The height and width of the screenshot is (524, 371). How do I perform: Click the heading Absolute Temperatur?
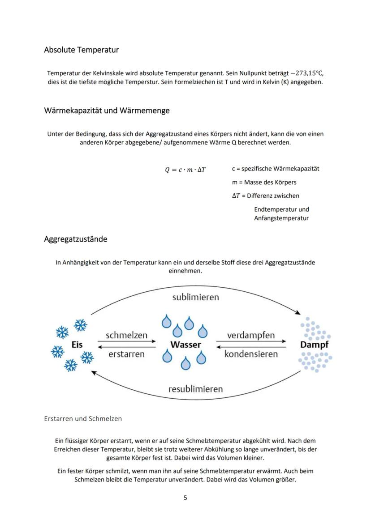(81, 50)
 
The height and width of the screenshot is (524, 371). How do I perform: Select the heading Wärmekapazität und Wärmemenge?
(107, 111)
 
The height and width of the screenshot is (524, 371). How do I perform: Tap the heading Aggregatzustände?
(75, 239)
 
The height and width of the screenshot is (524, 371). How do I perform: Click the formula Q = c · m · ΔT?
(185, 170)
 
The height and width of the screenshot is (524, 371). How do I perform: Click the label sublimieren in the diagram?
(196, 297)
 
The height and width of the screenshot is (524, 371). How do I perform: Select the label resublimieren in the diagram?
(195, 389)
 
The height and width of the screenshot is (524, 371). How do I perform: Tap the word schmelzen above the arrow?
(126, 335)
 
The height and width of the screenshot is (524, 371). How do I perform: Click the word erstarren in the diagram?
(126, 354)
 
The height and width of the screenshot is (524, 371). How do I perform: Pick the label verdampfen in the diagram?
(251, 335)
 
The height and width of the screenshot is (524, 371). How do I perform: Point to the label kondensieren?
(251, 354)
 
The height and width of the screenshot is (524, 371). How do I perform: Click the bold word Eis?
(77, 345)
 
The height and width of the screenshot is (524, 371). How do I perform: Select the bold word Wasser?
(185, 345)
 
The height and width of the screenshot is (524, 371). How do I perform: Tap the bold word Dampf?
(314, 345)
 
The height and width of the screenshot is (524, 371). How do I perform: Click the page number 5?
(185, 498)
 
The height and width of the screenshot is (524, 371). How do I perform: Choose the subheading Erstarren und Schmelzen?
(83, 419)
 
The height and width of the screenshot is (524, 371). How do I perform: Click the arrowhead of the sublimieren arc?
(298, 312)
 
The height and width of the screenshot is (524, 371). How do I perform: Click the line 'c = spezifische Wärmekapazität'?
(276, 169)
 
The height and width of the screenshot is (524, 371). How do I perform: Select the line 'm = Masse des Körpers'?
(264, 182)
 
